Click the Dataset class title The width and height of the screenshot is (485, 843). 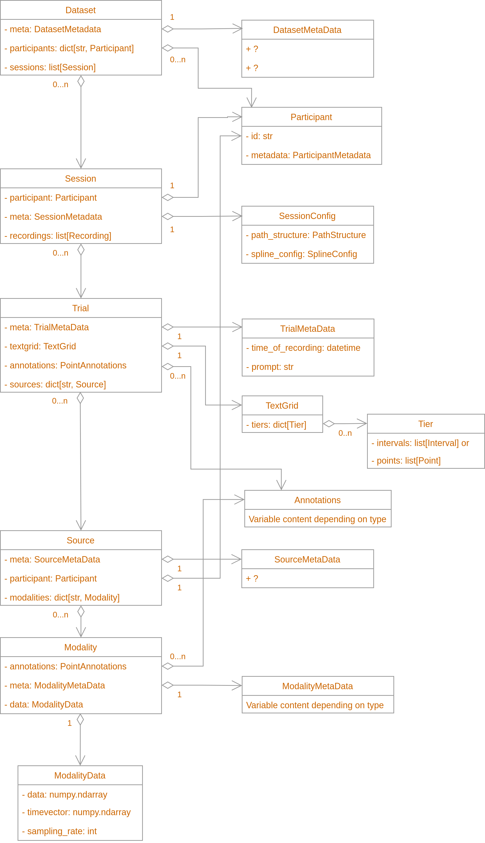(x=80, y=10)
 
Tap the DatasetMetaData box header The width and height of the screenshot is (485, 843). (x=307, y=30)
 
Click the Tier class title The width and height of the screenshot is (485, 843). (x=425, y=424)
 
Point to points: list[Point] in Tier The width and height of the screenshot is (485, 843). (x=406, y=461)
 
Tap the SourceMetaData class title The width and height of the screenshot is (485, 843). (x=307, y=560)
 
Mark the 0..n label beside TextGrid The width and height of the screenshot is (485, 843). (x=345, y=433)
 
